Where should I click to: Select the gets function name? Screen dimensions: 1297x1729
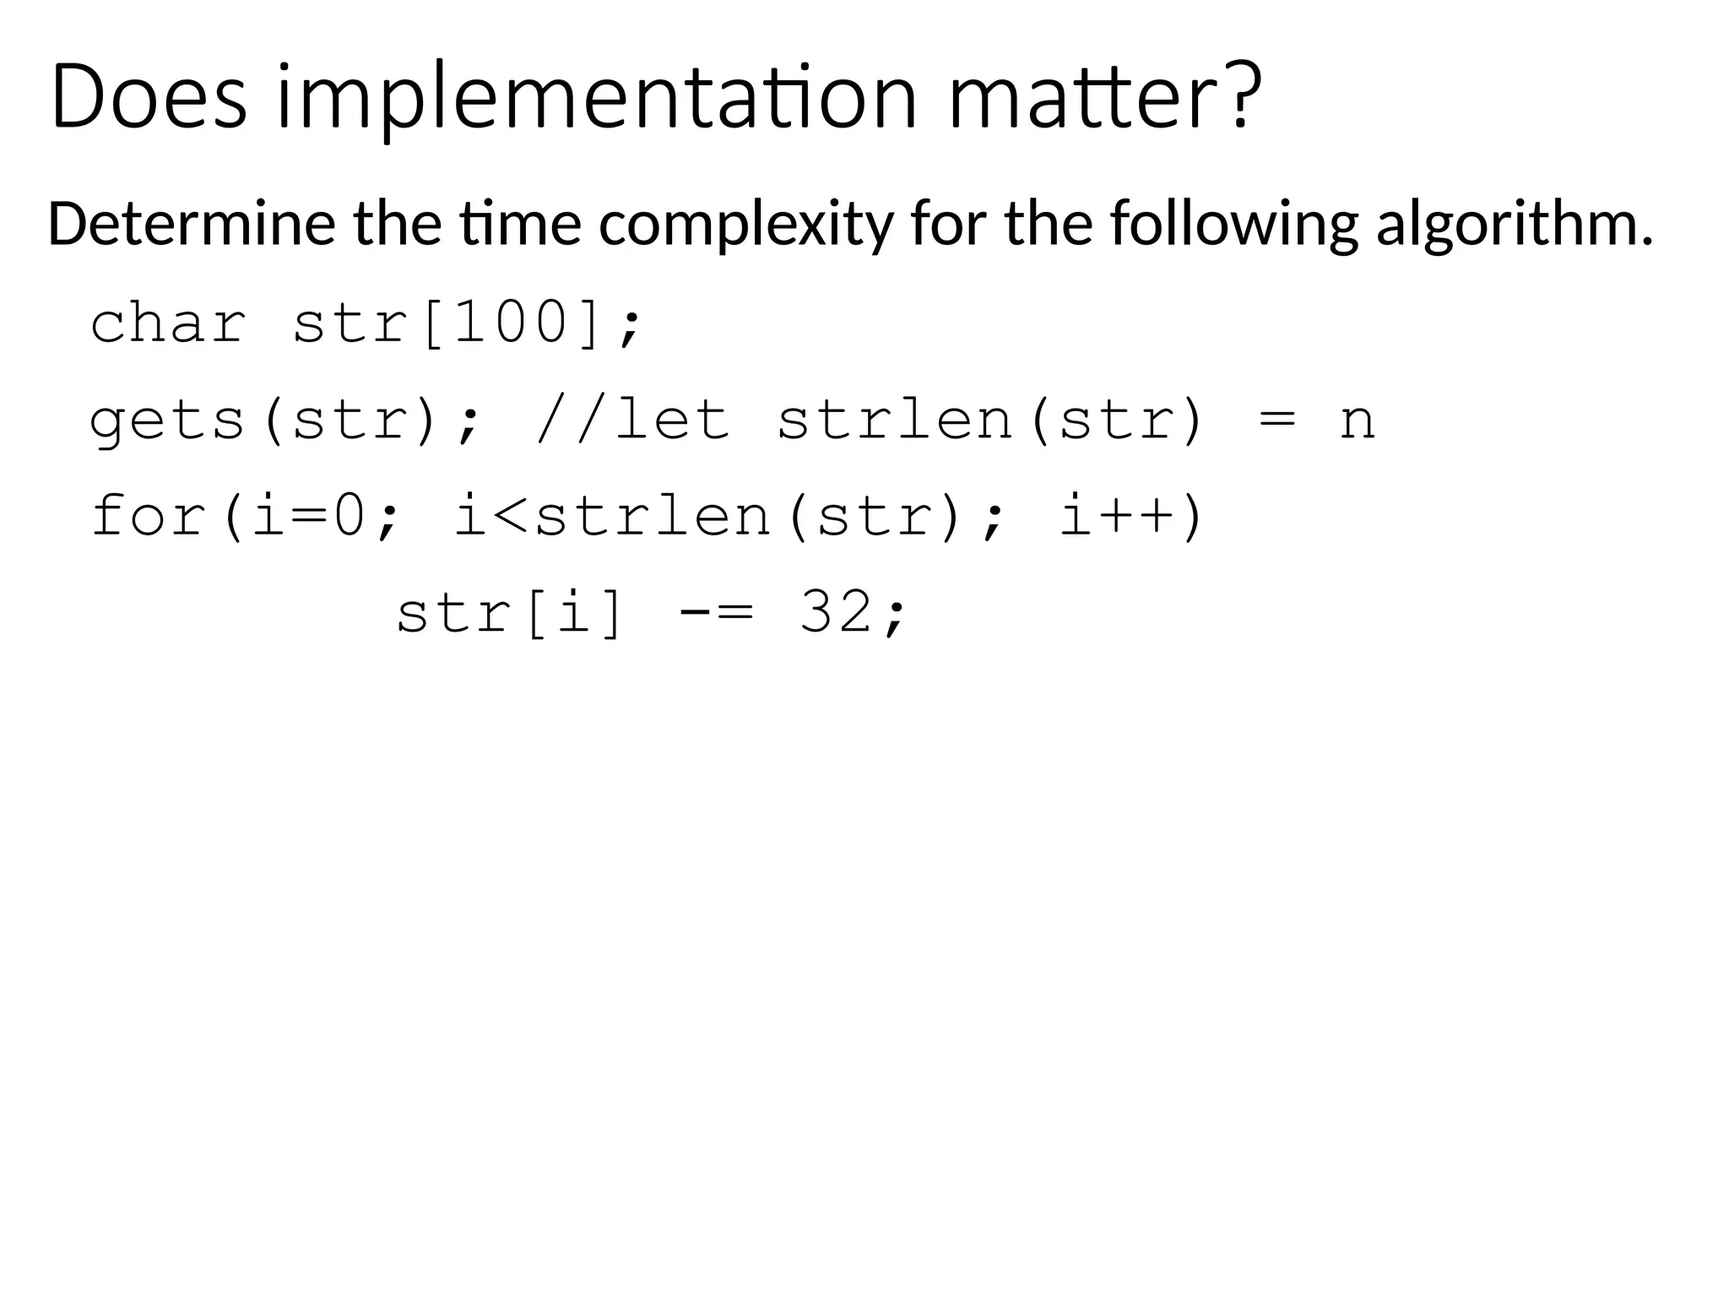pyautogui.click(x=168, y=420)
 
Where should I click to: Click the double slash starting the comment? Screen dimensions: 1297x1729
pyautogui.click(x=573, y=420)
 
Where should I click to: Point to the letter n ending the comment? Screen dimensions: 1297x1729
pyautogui.click(x=1357, y=421)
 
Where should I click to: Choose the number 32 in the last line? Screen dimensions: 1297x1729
pyautogui.click(x=836, y=611)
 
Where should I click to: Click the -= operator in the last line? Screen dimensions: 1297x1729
pyautogui.click(x=715, y=611)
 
